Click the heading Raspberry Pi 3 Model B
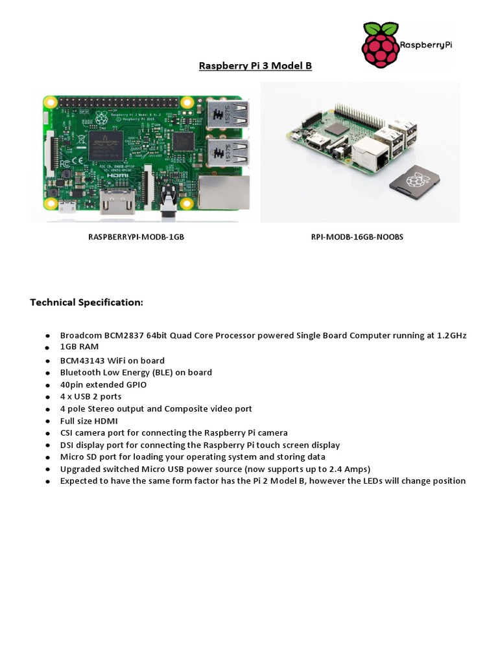tap(255, 66)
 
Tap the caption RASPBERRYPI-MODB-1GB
tap(136, 237)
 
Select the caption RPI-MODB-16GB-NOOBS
tap(357, 237)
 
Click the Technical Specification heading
tap(86, 302)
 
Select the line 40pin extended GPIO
tap(103, 384)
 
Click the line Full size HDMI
tap(89, 420)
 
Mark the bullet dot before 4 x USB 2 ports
tap(47, 397)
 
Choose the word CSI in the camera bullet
tap(68, 433)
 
